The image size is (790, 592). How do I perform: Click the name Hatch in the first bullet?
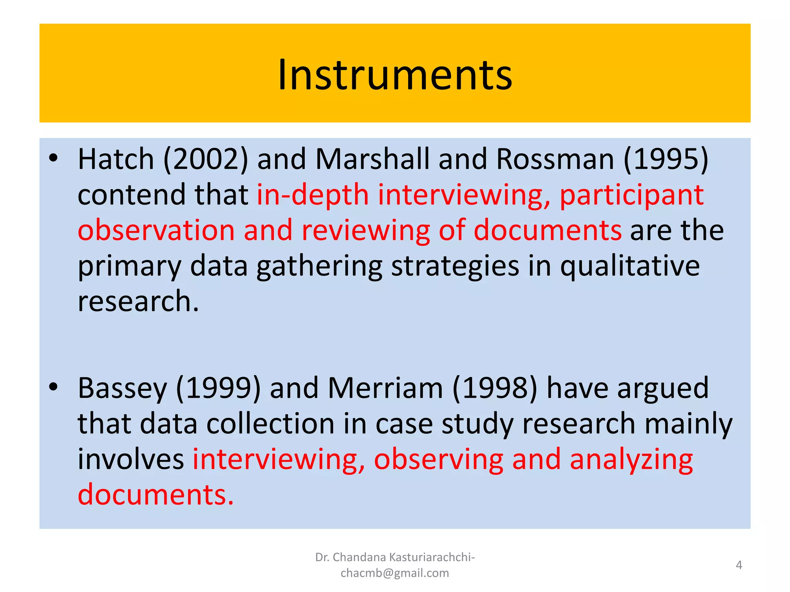pos(116,159)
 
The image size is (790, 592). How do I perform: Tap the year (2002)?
pos(206,159)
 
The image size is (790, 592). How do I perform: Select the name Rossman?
pos(555,159)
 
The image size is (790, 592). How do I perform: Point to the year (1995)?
pos(666,159)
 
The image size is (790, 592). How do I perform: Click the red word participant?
pos(631,195)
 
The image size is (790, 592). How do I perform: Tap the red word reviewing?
pos(365,230)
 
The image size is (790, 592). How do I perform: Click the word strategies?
pos(455,266)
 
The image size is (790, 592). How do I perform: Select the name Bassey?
pos(122,388)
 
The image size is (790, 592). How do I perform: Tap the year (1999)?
pos(218,388)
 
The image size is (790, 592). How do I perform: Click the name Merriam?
pos(385,388)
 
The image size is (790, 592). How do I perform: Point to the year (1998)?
pos(495,388)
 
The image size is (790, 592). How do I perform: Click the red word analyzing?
pos(631,459)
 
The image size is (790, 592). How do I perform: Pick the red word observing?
pos(439,459)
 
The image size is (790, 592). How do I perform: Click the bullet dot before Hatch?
pos(53,158)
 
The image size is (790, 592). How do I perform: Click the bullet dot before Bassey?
pos(53,386)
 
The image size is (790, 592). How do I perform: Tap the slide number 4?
pos(739,565)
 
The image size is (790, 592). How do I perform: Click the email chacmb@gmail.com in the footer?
pos(395,573)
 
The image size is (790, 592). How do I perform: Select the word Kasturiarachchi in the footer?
pos(432,557)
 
